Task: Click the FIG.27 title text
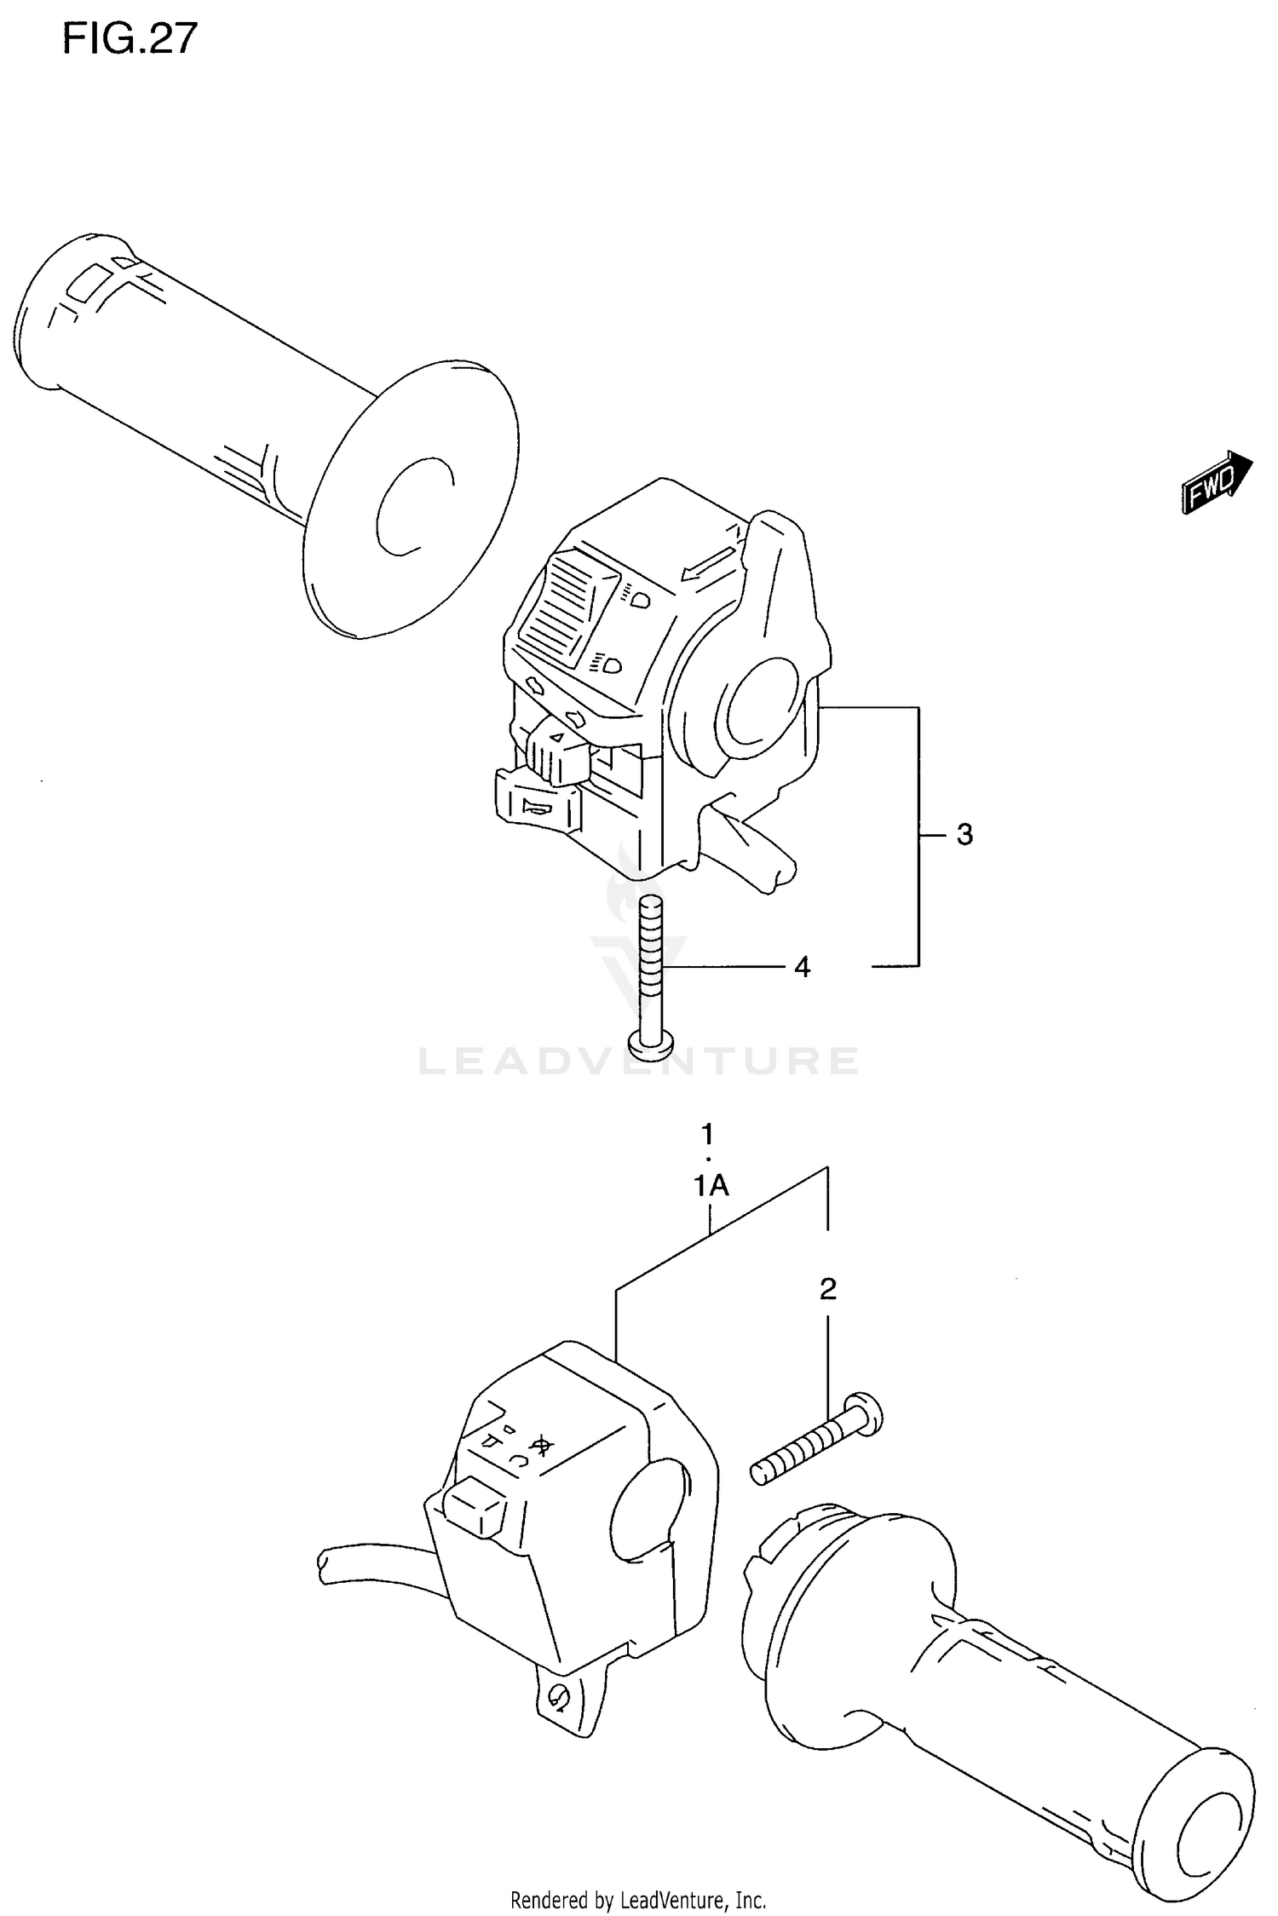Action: pyautogui.click(x=130, y=39)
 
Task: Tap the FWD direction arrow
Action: pyautogui.click(x=1217, y=482)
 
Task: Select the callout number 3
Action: pyautogui.click(x=964, y=835)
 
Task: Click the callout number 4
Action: pyautogui.click(x=802, y=967)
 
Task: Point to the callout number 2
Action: pyautogui.click(x=827, y=1289)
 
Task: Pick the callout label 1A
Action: pyautogui.click(x=711, y=1185)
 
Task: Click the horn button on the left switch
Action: pyautogui.click(x=537, y=805)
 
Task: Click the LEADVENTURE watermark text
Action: pyautogui.click(x=639, y=1062)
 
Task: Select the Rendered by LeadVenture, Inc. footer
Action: pyautogui.click(x=638, y=1899)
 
